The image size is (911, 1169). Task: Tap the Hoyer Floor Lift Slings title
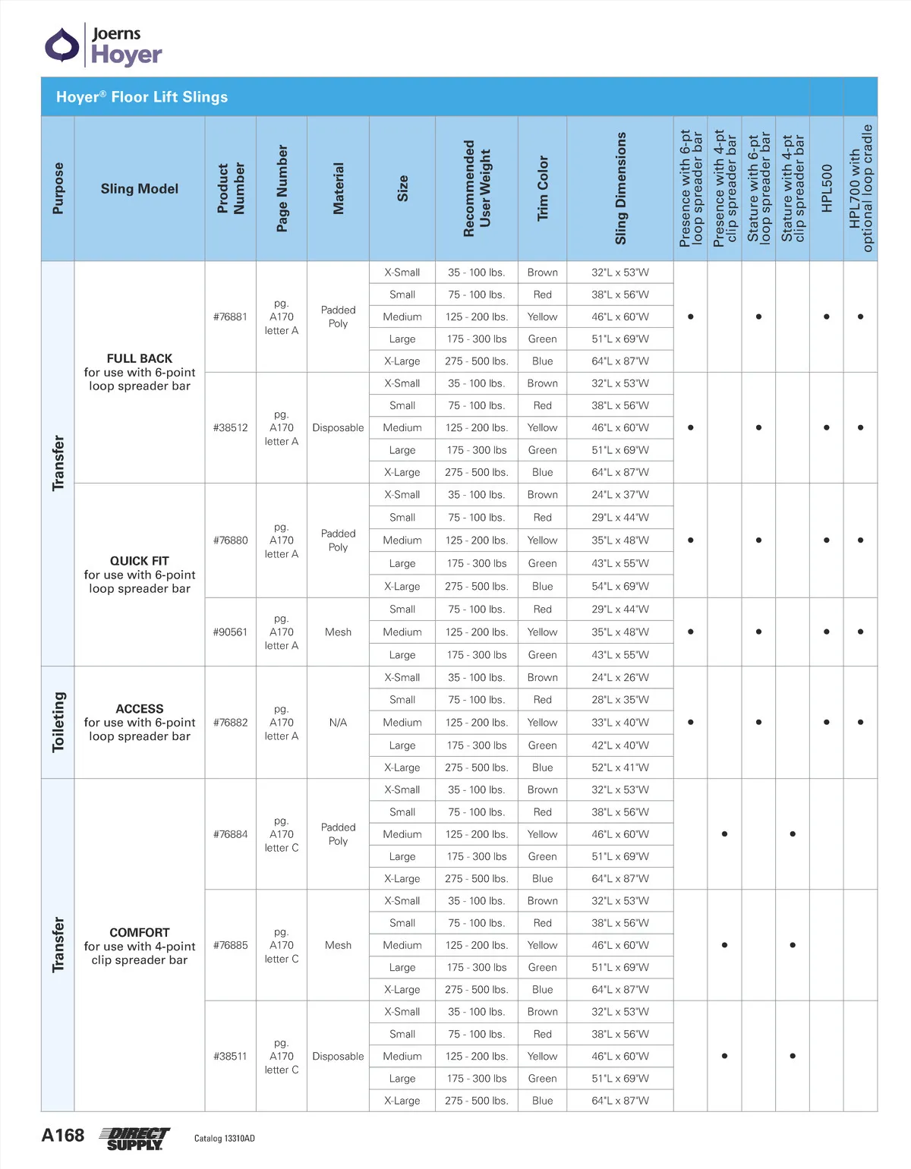[142, 97]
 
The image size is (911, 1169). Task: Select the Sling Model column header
[140, 188]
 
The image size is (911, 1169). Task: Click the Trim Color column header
[542, 188]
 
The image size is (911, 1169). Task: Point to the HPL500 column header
[827, 188]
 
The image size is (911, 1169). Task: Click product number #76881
[230, 317]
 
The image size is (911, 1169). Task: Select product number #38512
[230, 427]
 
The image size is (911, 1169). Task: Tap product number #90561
[230, 632]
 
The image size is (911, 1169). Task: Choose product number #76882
[230, 723]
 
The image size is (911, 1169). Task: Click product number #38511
[230, 1056]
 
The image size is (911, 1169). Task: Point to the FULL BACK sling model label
[140, 358]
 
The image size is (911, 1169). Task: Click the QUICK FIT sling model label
[140, 561]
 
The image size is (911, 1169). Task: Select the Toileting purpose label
[58, 722]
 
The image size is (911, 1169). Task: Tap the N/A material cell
[338, 723]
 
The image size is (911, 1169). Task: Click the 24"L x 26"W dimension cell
[620, 677]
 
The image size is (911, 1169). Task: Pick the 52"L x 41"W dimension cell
[620, 767]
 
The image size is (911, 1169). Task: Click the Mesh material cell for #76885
[338, 945]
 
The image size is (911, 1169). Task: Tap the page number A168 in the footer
[63, 1136]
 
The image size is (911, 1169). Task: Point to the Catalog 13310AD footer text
[225, 1139]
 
